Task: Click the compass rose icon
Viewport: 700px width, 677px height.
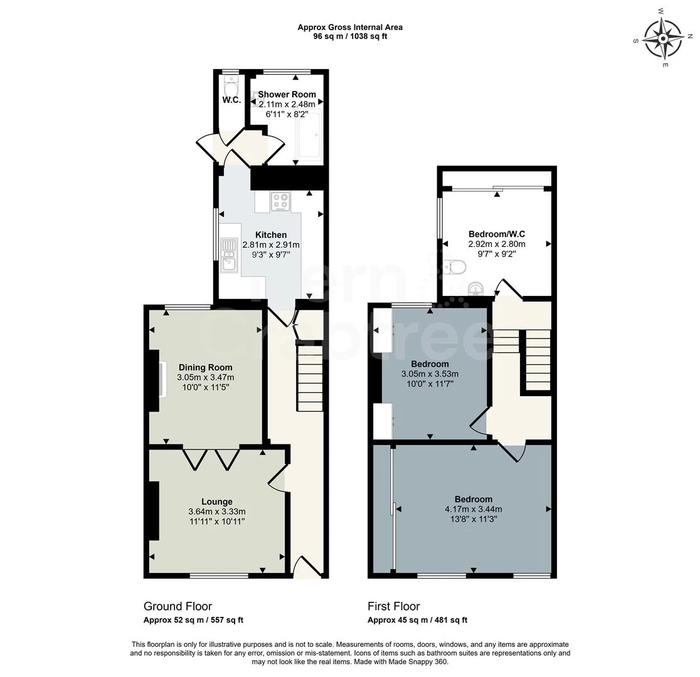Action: (x=663, y=38)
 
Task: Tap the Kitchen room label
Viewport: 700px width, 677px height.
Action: (x=271, y=235)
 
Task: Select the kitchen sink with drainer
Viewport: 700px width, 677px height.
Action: (x=229, y=255)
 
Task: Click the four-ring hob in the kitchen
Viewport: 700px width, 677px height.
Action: (x=280, y=201)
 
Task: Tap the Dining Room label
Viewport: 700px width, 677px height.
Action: (x=205, y=367)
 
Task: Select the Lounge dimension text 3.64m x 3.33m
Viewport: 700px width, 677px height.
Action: (x=216, y=512)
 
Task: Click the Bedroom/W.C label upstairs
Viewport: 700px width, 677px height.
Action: (x=497, y=234)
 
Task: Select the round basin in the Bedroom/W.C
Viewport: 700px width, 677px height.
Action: (x=477, y=288)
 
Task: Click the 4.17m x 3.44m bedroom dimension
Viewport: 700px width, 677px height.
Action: (x=474, y=510)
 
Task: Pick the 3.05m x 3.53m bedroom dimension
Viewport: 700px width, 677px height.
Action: (x=430, y=374)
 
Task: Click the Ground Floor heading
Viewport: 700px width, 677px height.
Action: (x=178, y=606)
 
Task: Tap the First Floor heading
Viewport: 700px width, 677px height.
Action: (x=393, y=606)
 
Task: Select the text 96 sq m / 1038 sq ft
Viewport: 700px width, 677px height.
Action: (x=350, y=36)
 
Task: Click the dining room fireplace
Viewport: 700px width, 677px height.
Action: (x=162, y=379)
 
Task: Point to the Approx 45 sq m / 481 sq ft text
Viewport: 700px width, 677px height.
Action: (x=417, y=620)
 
